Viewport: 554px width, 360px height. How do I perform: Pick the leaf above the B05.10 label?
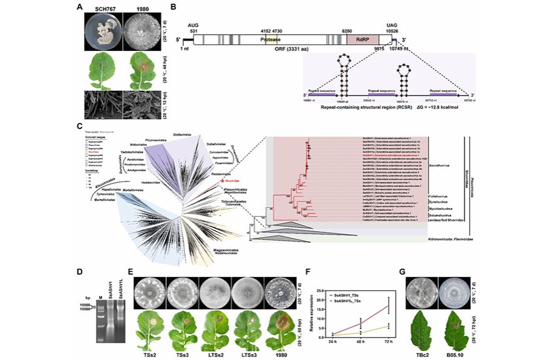click(x=459, y=327)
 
